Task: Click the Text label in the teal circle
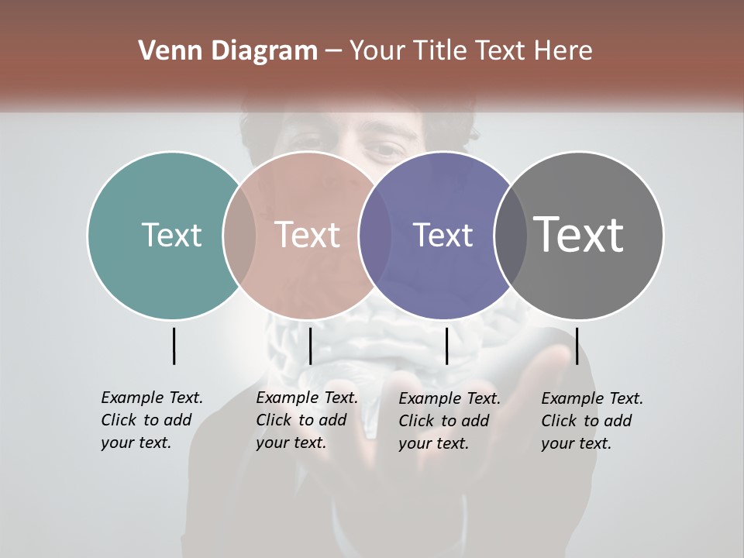171,235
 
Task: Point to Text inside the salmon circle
308,235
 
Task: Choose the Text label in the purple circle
443,235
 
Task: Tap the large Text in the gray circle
579,235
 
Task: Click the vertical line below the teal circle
174,346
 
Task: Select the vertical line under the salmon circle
310,346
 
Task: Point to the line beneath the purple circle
446,346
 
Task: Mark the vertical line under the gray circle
577,346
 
